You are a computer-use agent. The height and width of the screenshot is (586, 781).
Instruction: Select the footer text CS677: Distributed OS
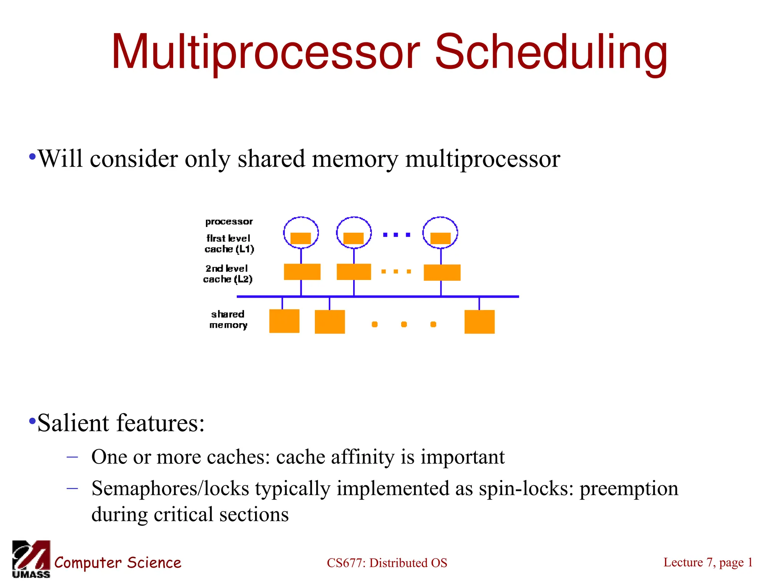tap(387, 563)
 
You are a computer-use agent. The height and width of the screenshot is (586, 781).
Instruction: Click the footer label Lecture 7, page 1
tap(708, 562)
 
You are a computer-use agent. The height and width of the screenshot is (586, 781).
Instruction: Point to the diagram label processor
tap(229, 222)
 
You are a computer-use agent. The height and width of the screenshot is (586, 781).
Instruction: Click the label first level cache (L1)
tap(229, 244)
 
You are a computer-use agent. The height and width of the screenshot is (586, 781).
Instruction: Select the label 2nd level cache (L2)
tap(228, 274)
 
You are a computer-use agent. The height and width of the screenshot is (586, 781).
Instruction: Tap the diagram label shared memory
tap(228, 319)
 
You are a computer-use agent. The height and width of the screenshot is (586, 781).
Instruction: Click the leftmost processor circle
tap(301, 233)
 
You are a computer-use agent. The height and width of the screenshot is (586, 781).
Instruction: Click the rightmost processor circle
tap(440, 233)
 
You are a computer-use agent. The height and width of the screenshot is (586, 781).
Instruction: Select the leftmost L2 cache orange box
tap(302, 272)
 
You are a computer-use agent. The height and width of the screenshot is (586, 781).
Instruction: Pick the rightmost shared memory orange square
tap(479, 322)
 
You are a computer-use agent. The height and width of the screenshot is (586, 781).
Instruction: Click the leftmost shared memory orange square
tap(284, 321)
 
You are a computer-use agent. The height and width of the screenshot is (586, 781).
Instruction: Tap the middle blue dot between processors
tap(396, 235)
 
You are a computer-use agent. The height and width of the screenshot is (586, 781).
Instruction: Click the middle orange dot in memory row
tap(404, 324)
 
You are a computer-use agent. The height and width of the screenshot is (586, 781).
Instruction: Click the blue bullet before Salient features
tap(32, 421)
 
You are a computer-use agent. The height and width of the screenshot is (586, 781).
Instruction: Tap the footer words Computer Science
tap(117, 563)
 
